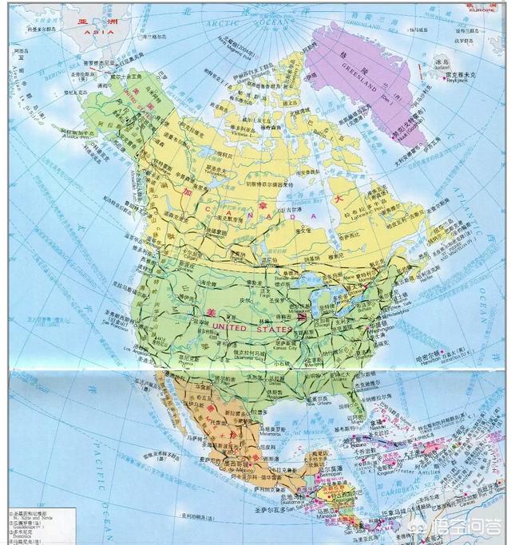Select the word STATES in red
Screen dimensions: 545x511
coord(273,327)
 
